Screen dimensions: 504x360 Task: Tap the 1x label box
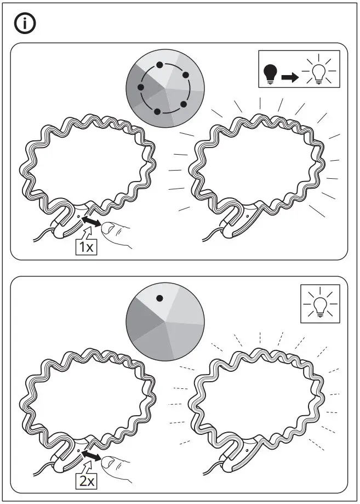click(x=85, y=247)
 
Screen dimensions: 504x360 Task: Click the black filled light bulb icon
click(x=270, y=75)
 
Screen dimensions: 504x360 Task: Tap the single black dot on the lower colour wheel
click(x=159, y=299)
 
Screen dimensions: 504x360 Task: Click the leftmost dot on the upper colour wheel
click(x=141, y=88)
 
